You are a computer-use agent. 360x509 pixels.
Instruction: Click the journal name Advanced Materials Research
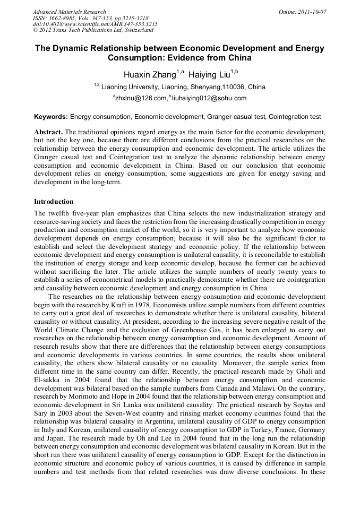(x=69, y=12)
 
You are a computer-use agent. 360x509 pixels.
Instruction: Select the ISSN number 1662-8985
(x=62, y=18)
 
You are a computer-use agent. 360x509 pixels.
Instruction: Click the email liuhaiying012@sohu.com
(x=200, y=98)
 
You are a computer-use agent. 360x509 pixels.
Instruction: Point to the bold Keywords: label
(x=51, y=116)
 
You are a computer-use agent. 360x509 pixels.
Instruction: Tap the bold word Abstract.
(x=48, y=131)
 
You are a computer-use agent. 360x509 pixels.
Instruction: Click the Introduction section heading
(x=54, y=202)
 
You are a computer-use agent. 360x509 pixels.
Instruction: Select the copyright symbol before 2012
(x=36, y=30)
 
